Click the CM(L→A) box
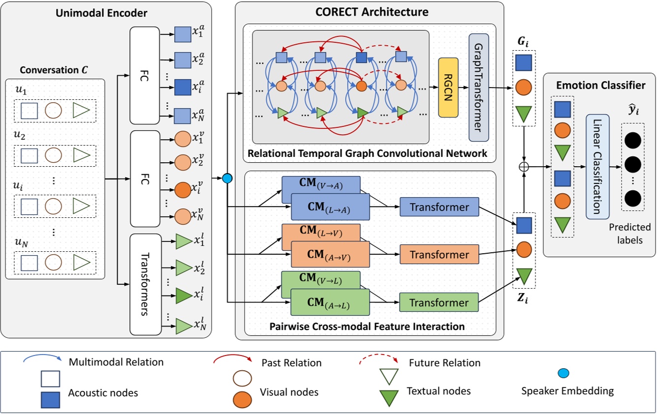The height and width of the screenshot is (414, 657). click(x=330, y=207)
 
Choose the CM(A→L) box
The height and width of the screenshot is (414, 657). click(x=330, y=302)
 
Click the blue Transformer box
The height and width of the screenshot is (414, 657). click(x=439, y=207)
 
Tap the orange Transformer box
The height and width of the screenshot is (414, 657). click(x=439, y=255)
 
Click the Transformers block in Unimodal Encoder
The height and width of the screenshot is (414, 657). click(x=146, y=284)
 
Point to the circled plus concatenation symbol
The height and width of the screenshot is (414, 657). click(x=524, y=167)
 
